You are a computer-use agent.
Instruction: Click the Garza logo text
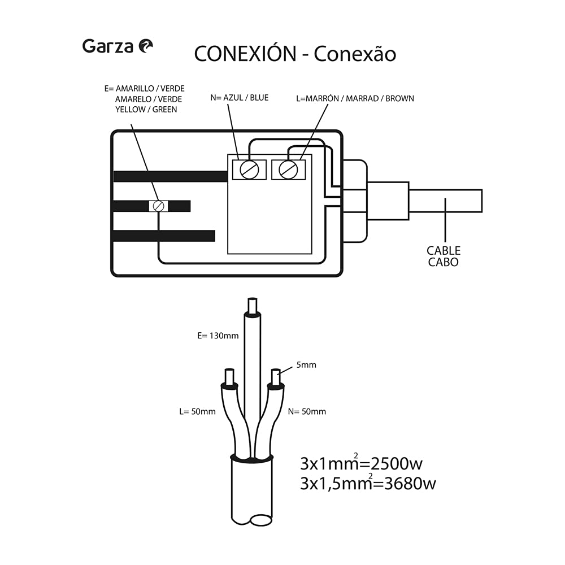[108, 46]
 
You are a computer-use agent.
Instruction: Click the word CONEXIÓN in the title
[245, 54]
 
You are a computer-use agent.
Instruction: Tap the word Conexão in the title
[355, 54]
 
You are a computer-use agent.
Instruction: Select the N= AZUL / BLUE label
[239, 98]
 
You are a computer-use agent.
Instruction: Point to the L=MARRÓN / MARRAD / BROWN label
[355, 98]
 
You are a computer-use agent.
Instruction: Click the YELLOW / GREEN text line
[146, 110]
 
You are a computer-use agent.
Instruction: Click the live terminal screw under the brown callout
[289, 169]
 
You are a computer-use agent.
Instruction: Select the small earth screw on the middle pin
[159, 206]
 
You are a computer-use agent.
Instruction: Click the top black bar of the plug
[169, 176]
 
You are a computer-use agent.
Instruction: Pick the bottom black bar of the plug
[164, 236]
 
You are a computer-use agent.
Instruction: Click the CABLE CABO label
[444, 256]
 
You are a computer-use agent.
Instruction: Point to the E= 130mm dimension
[218, 336]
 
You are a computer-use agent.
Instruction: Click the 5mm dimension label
[306, 365]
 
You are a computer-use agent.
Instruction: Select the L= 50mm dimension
[197, 411]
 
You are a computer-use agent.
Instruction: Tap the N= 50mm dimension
[307, 411]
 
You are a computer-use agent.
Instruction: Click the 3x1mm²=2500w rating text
[362, 464]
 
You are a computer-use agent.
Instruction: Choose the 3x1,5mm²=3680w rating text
[368, 484]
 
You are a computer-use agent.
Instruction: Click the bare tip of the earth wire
[252, 306]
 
